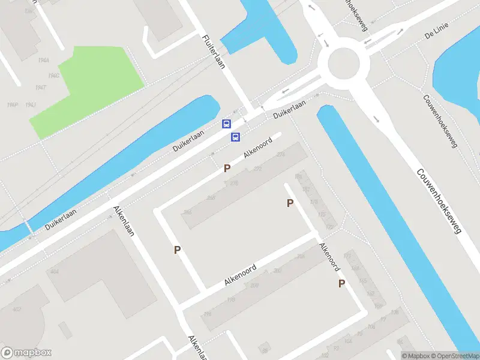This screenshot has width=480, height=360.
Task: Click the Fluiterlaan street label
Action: point(214,52)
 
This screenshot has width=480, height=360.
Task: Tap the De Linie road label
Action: point(436,35)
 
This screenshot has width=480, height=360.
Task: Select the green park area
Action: point(90,87)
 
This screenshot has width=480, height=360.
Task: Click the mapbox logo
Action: point(26,353)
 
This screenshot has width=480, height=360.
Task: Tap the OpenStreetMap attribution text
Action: point(453,356)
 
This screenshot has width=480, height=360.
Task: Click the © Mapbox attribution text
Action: point(416,356)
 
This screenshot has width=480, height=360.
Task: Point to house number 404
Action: point(55,272)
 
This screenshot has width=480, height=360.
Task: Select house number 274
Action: point(280,155)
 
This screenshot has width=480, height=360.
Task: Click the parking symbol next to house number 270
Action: point(227,169)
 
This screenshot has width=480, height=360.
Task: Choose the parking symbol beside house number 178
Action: point(290,203)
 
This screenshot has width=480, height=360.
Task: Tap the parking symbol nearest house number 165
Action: point(341,284)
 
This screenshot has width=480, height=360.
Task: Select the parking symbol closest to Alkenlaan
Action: point(177,250)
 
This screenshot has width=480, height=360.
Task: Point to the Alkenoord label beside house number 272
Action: point(258,148)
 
